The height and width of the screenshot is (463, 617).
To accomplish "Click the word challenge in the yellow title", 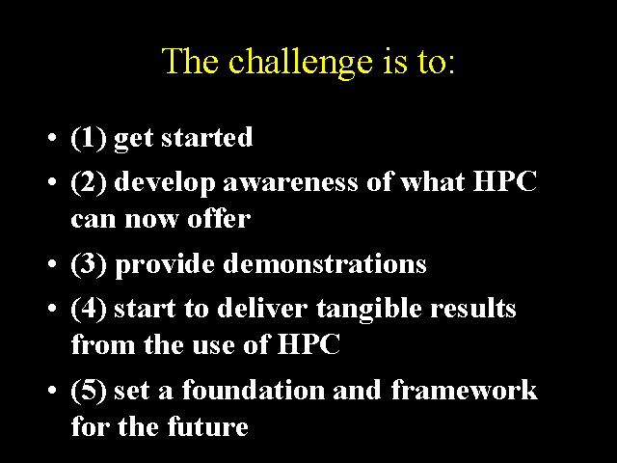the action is tap(300, 63).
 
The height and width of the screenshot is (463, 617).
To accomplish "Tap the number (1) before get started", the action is tap(89, 138).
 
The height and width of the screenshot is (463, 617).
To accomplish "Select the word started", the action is tap(207, 137).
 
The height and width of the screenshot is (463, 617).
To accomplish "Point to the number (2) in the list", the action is tap(89, 182).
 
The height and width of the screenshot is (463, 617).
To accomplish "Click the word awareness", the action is tap(291, 183).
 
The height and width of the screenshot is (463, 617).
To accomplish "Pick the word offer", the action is tap(219, 218).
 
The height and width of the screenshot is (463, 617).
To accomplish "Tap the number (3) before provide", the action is tap(89, 264).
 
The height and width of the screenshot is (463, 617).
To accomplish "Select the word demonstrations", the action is tap(325, 262).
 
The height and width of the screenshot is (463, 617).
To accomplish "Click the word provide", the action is tap(165, 264).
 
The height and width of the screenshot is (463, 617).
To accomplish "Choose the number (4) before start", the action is tap(89, 309).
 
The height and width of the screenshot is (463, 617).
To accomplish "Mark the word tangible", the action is tap(368, 310).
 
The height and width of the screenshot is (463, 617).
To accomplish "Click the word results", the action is tap(473, 307).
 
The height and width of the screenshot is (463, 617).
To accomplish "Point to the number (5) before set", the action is tap(89, 390).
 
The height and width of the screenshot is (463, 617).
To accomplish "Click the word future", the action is tap(208, 425).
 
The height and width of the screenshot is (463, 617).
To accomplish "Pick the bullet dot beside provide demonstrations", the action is tap(52, 264).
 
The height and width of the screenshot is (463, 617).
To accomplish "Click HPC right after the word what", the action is tap(505, 181).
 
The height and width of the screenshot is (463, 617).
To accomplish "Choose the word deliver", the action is tap(262, 307).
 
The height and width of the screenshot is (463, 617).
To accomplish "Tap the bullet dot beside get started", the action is tap(52, 138).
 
